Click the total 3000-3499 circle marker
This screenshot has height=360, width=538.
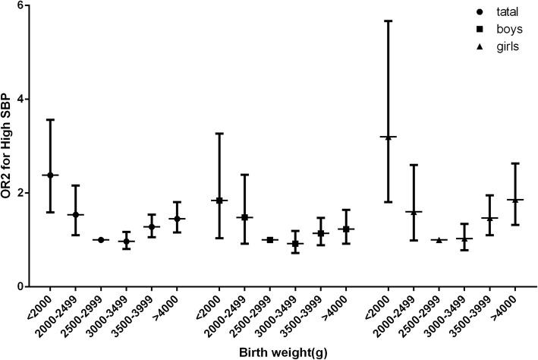pyautogui.click(x=126, y=242)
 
